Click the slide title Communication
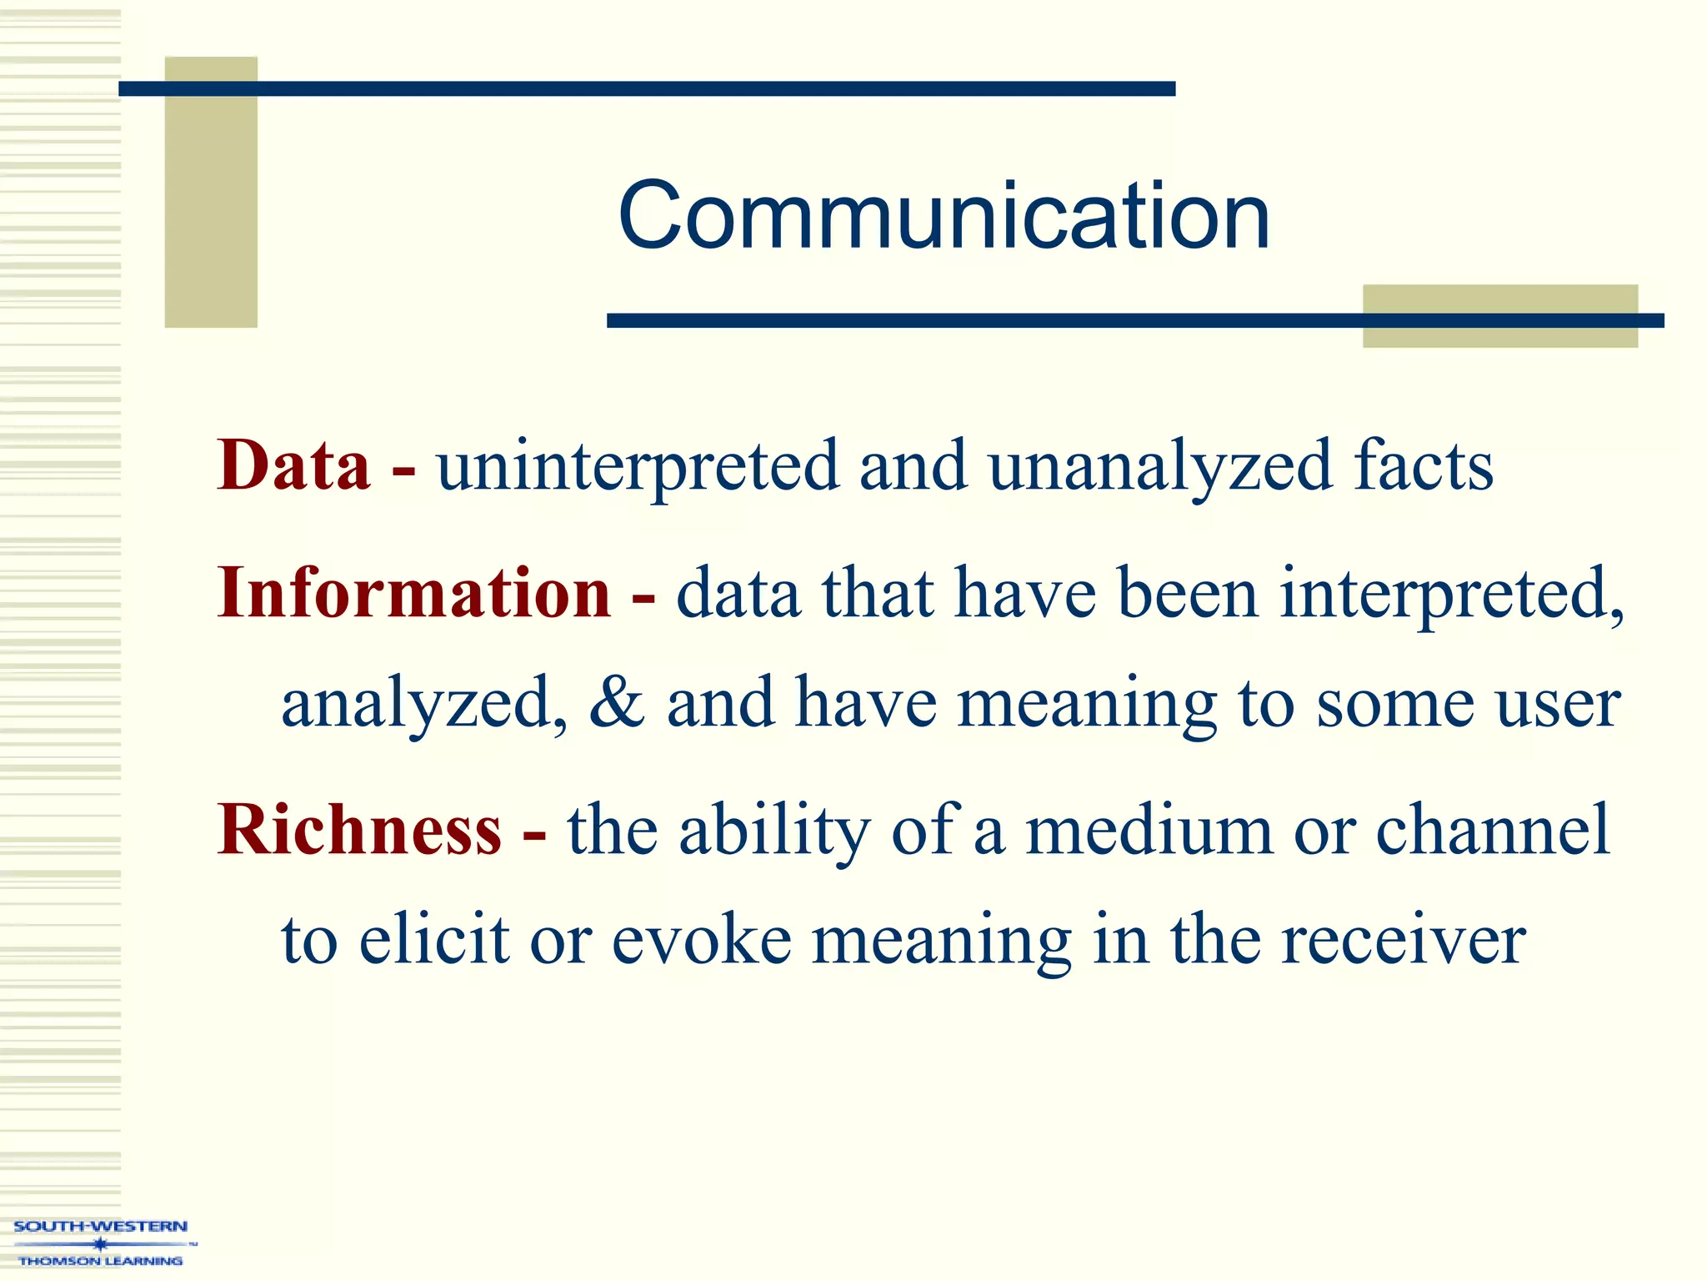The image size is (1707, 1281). [944, 216]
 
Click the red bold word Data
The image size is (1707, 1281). [293, 465]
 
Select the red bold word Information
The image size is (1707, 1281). [414, 592]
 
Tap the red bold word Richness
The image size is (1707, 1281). [359, 829]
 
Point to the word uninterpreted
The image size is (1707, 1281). [638, 467]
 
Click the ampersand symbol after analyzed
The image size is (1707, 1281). [617, 702]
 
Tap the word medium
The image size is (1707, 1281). [1149, 831]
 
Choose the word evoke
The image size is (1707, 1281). [702, 939]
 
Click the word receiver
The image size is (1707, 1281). [1403, 941]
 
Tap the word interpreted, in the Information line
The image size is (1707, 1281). [1452, 594]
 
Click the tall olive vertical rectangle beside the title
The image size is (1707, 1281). [211, 192]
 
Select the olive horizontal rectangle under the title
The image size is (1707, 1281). [1499, 315]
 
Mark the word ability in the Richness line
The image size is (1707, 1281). [774, 831]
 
